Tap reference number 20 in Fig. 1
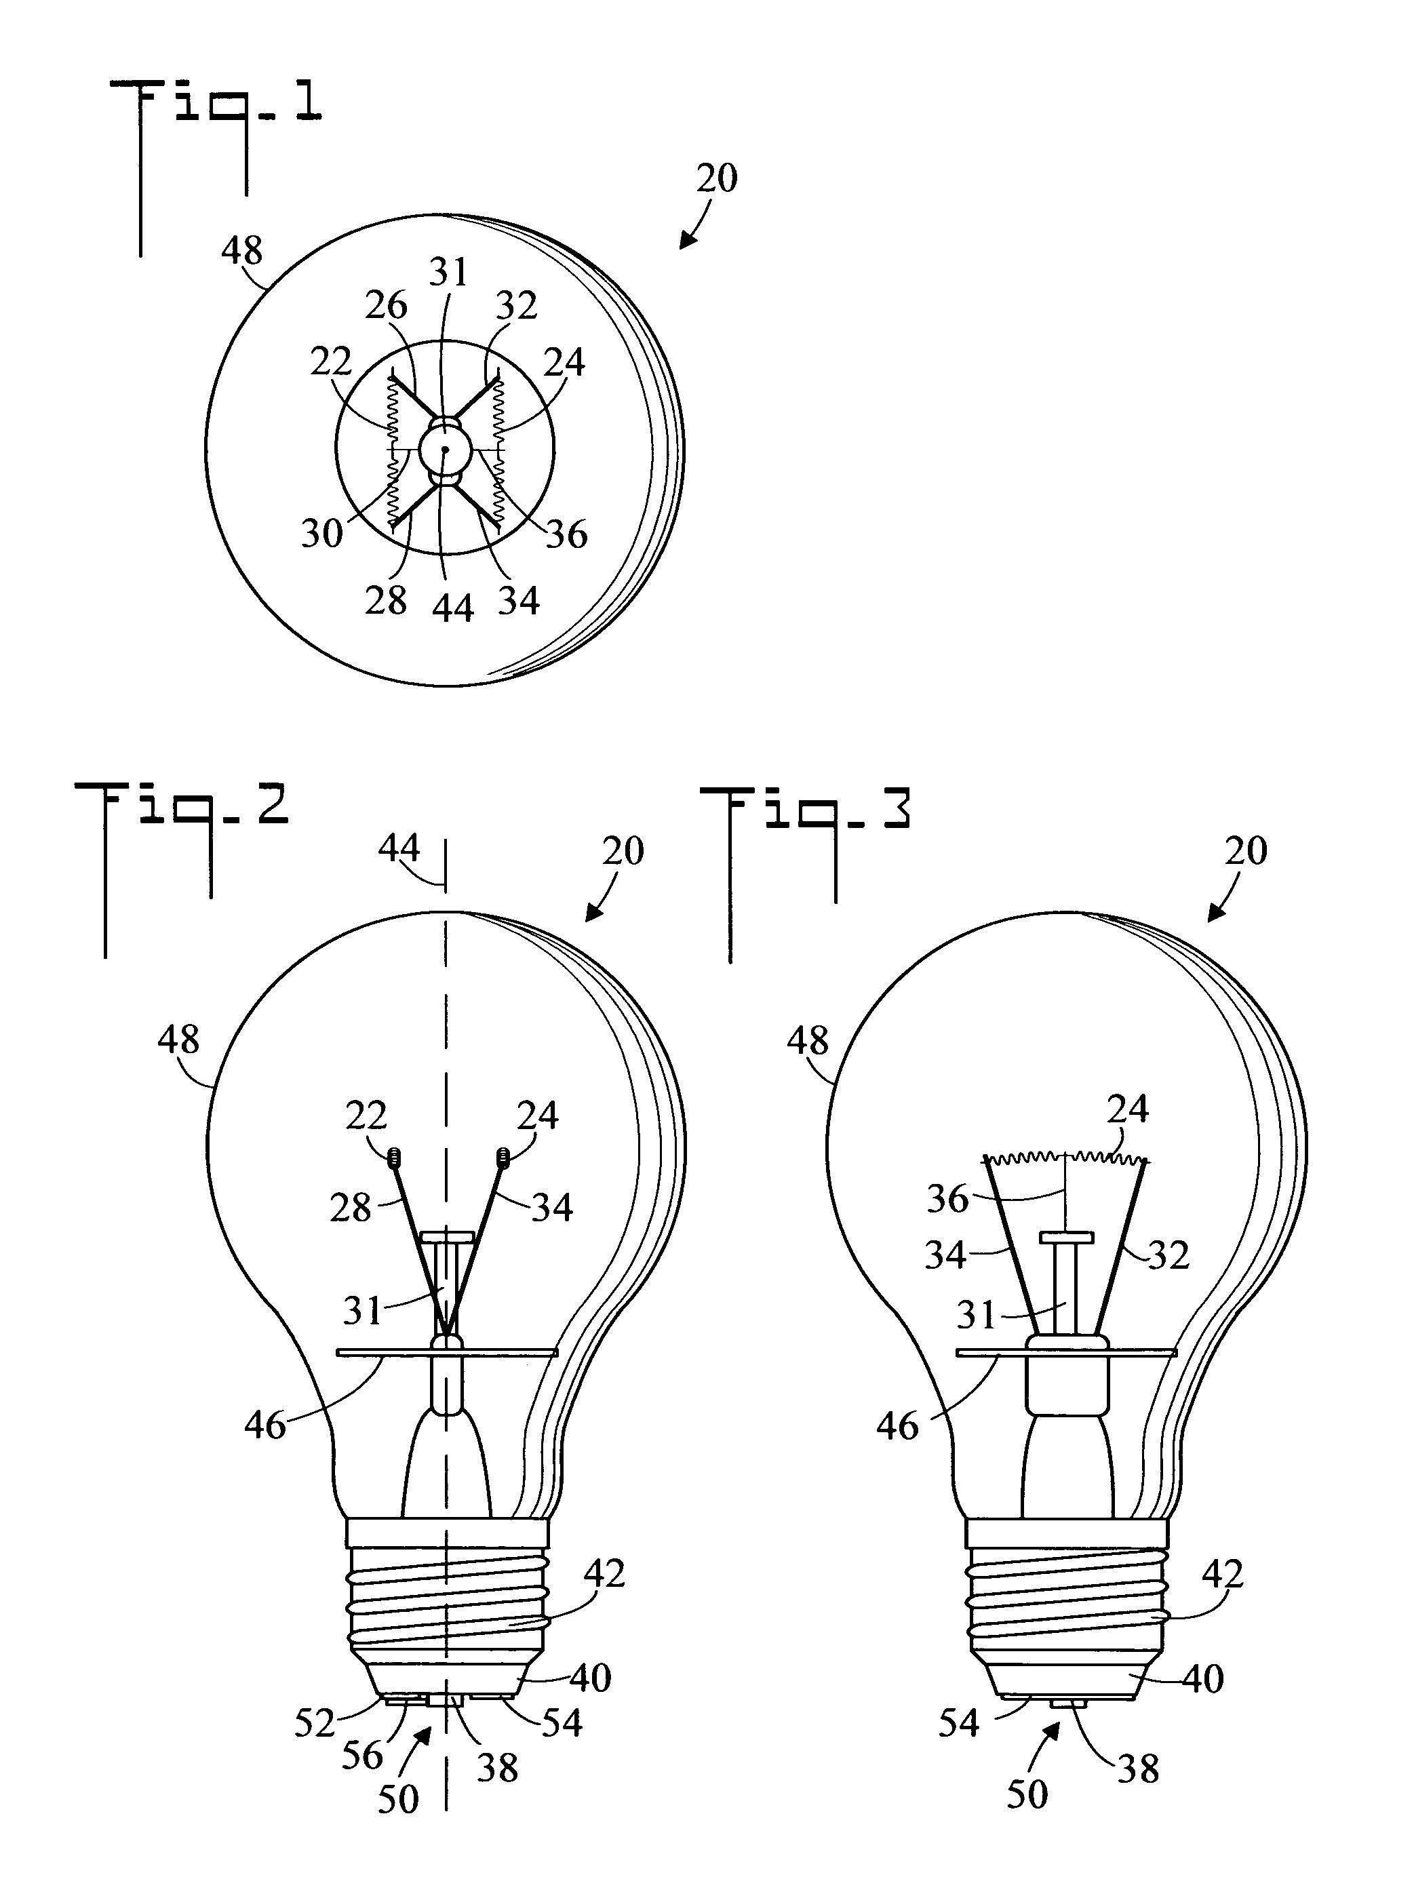point(716,178)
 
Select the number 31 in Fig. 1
point(448,272)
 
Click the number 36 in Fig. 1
point(567,535)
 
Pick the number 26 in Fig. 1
point(386,306)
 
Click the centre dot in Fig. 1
point(445,448)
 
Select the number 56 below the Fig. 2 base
point(362,1756)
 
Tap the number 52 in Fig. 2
point(314,1723)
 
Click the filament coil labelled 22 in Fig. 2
point(395,1158)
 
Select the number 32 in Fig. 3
point(1168,1255)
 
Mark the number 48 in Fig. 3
point(808,1041)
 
